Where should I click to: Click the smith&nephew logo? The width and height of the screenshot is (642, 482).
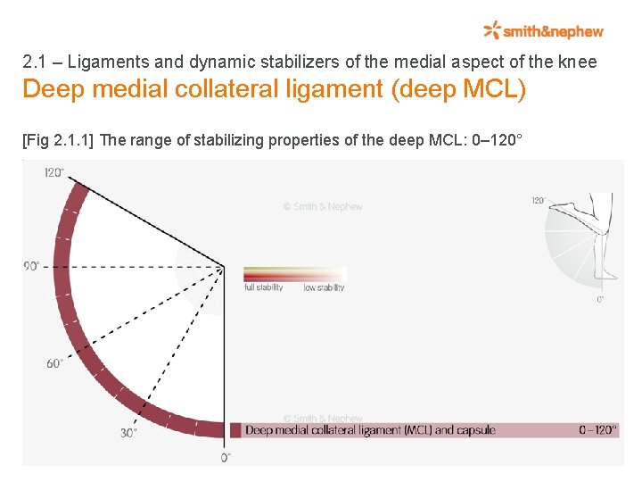(x=544, y=31)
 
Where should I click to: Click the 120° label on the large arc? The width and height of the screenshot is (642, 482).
(x=54, y=172)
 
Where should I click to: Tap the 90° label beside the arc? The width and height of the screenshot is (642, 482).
(x=32, y=266)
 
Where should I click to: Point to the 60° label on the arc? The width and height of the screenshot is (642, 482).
(x=54, y=363)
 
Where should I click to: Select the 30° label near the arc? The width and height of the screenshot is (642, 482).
(x=128, y=433)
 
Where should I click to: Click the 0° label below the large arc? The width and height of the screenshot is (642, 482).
(x=226, y=457)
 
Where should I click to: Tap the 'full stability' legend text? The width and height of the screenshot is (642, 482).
(x=263, y=287)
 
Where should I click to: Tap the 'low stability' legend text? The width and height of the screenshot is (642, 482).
(x=324, y=287)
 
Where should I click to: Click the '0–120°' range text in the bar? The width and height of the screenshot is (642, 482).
(x=597, y=430)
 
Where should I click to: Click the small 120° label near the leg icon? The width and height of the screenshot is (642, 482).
(x=539, y=201)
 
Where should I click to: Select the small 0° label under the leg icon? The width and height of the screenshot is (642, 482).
(x=600, y=300)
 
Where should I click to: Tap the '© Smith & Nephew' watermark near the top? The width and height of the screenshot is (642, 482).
(x=323, y=206)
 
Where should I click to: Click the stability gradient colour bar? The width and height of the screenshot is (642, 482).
(x=294, y=274)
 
